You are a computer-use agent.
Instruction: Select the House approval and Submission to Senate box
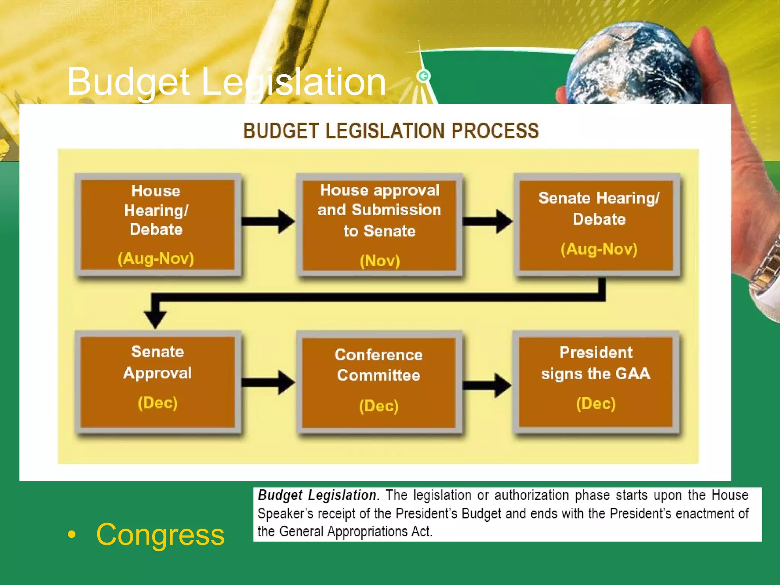(x=379, y=225)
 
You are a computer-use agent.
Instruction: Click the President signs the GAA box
(x=596, y=382)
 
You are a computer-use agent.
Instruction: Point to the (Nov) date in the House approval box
(x=380, y=261)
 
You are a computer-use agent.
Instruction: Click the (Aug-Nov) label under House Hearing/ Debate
(x=156, y=259)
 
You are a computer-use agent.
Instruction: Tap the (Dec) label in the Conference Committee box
(x=379, y=406)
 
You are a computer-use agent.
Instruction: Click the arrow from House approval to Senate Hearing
(x=488, y=221)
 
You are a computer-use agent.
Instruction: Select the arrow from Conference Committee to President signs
(x=487, y=385)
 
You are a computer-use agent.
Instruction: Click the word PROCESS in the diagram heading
(x=495, y=131)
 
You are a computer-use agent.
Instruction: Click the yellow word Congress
(x=160, y=535)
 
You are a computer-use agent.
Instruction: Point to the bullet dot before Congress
(x=72, y=535)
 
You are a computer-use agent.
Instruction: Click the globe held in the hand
(x=632, y=65)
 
